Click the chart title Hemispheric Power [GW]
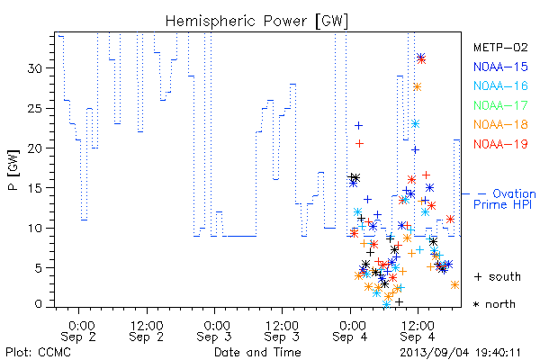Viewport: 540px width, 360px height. (256, 21)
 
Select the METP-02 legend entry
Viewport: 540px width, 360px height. (500, 47)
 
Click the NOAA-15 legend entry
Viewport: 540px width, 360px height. (500, 67)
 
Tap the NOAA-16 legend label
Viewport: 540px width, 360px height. (500, 85)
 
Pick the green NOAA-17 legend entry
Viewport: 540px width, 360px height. (500, 105)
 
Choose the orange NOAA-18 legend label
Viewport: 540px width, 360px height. (500, 124)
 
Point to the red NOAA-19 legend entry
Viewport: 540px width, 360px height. (500, 144)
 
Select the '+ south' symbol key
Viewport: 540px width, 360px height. (498, 276)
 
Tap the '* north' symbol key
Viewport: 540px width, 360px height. (494, 304)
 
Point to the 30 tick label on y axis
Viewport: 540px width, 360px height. (35, 68)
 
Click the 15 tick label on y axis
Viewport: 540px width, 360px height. (35, 188)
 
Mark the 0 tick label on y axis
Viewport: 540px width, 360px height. (39, 304)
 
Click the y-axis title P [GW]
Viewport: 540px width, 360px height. (13, 170)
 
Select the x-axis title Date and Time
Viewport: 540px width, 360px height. (257, 352)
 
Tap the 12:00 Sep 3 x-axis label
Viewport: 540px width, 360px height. (282, 331)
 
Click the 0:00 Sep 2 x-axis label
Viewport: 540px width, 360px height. (78, 331)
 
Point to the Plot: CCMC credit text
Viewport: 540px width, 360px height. (38, 352)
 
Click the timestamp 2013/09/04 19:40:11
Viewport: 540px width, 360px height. (460, 353)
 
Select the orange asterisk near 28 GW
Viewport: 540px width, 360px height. (417, 86)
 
